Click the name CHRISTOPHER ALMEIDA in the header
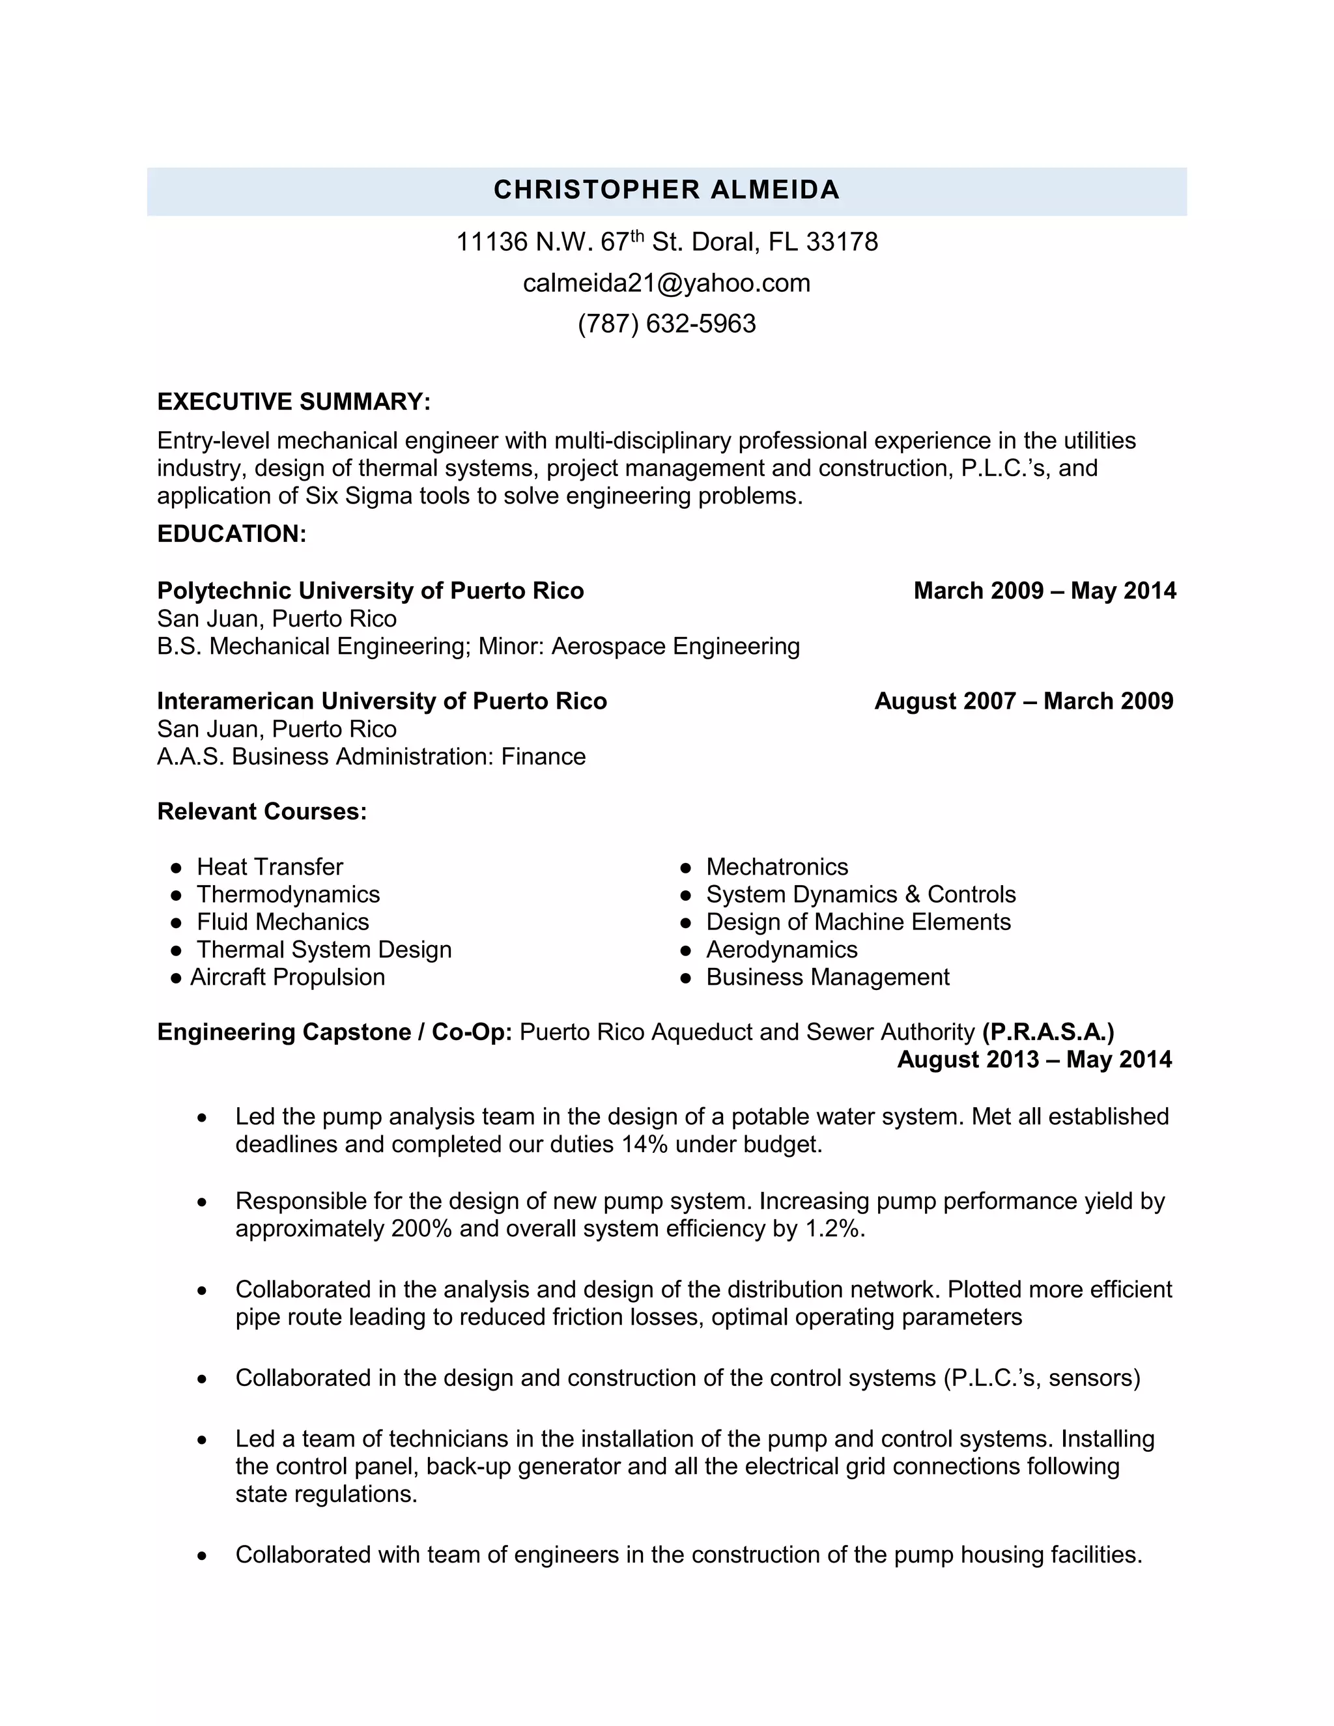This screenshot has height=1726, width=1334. tap(666, 190)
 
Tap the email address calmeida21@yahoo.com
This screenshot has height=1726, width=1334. tap(666, 283)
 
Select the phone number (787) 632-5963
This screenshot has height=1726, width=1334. tap(666, 324)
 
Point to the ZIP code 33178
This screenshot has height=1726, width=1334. tap(842, 242)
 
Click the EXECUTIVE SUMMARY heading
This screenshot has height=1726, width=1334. tap(293, 403)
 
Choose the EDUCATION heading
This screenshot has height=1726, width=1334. tap(231, 534)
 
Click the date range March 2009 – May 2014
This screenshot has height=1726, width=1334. tap(1044, 591)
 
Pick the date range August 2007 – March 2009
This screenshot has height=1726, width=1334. tap(1023, 701)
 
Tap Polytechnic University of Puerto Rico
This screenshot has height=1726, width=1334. tap(370, 591)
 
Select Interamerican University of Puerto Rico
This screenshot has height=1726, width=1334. tap(382, 701)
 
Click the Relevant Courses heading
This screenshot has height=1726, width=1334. tap(262, 812)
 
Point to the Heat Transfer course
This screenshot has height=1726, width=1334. tap(270, 867)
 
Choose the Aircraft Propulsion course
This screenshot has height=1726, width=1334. tap(287, 978)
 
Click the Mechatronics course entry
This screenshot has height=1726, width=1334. tap(777, 867)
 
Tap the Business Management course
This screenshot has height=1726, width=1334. tap(827, 978)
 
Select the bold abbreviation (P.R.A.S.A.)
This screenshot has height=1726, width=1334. tap(1048, 1032)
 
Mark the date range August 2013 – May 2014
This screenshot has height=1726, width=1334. tap(1034, 1060)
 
